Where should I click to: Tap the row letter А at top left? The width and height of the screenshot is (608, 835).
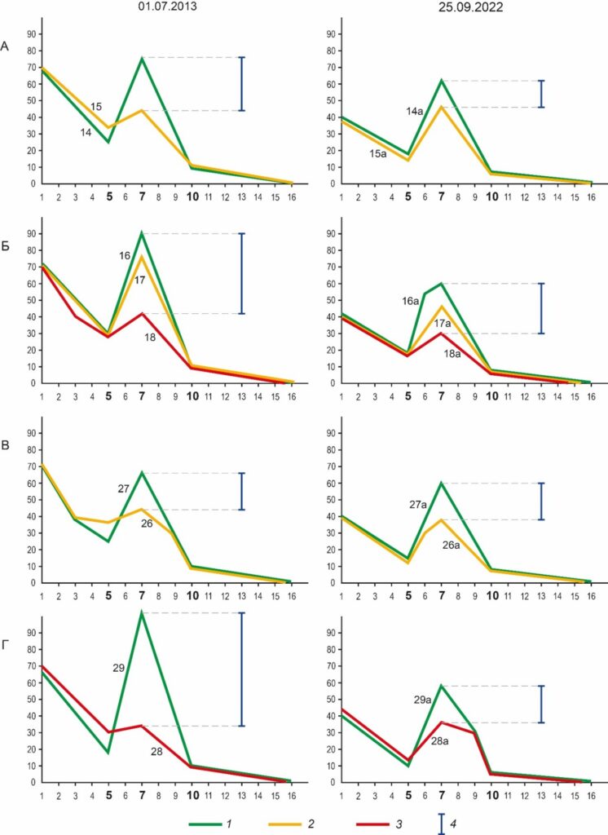[6, 46]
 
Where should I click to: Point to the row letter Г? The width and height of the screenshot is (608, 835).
[6, 647]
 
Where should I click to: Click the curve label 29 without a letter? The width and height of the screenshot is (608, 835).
[118, 668]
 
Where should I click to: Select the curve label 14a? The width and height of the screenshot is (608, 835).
[414, 111]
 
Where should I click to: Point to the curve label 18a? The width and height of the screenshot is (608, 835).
[452, 353]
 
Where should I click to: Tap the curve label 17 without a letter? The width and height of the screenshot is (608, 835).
[139, 280]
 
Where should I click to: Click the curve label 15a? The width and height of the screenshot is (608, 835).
[377, 154]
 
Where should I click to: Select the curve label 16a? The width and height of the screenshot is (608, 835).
[411, 301]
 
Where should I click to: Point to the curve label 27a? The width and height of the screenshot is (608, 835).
[417, 505]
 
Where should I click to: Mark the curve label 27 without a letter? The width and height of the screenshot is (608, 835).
[124, 488]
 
